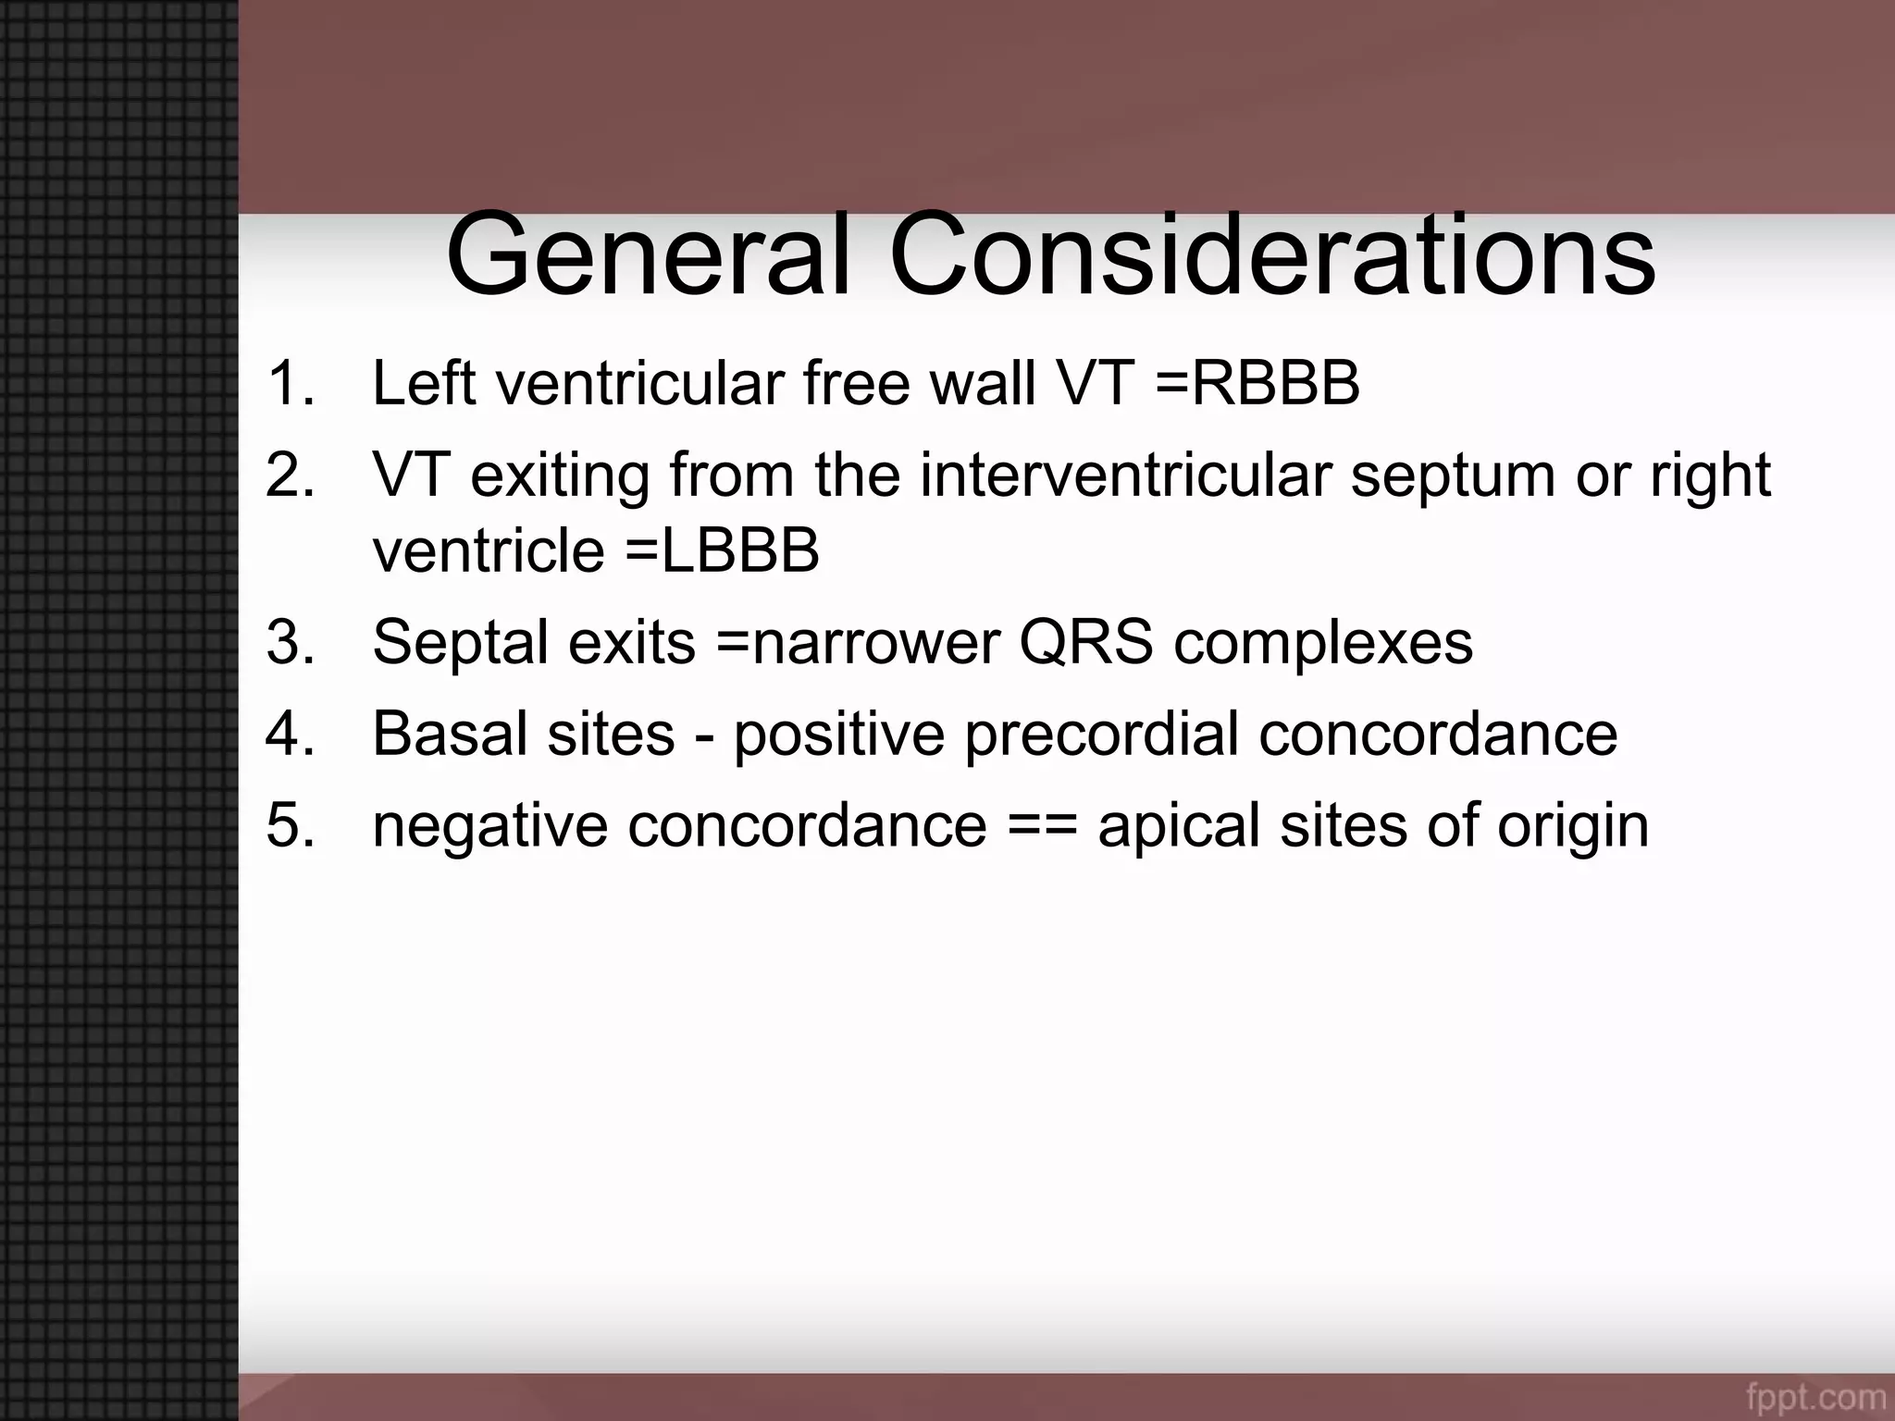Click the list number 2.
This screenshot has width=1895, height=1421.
tap(289, 476)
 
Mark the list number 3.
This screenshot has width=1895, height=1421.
tap(289, 642)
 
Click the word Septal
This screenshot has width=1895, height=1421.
tap(460, 642)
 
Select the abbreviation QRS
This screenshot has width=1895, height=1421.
tap(1086, 642)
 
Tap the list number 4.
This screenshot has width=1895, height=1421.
tap(289, 734)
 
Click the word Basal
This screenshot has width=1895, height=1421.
tap(450, 734)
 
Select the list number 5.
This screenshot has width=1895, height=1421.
tap(289, 825)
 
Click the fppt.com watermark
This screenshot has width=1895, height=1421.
tap(1816, 1395)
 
